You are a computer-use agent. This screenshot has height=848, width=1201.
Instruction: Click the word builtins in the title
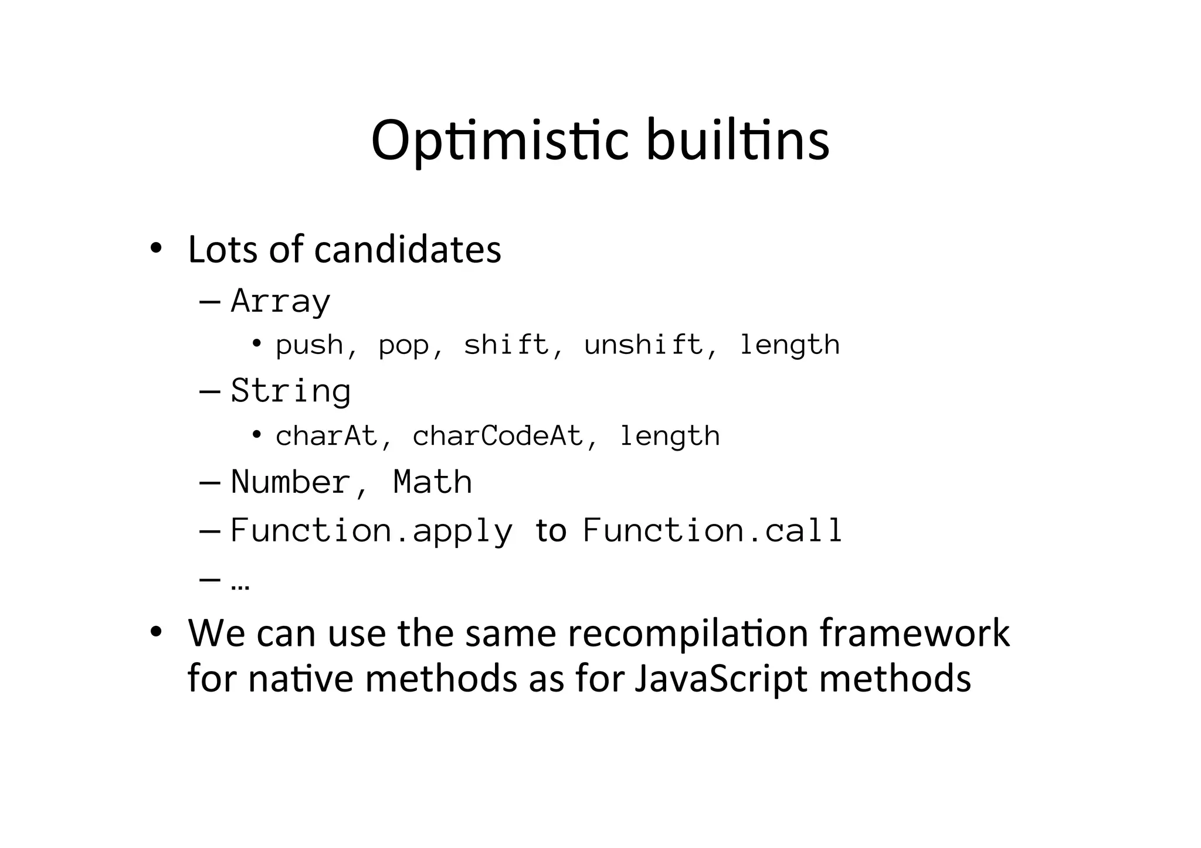tap(737, 141)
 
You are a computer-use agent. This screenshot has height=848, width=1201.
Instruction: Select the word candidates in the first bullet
tap(408, 250)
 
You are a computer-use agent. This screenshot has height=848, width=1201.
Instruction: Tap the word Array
tap(281, 302)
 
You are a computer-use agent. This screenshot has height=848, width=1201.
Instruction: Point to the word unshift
tap(643, 345)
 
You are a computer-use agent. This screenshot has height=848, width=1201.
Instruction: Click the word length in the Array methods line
tap(789, 345)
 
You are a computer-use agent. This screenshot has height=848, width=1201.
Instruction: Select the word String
tap(291, 391)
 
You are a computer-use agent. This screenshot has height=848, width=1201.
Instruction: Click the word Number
tap(291, 482)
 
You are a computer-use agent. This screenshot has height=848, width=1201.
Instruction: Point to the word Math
tap(433, 482)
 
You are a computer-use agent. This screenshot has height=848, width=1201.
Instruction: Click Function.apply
tap(371, 531)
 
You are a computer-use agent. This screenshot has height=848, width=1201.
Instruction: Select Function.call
tap(713, 531)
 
